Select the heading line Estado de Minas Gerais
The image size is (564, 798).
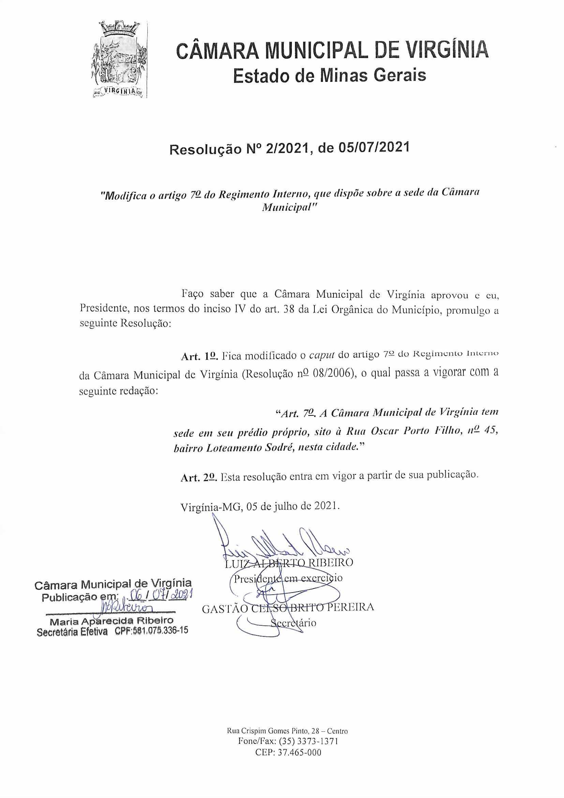coord(329,75)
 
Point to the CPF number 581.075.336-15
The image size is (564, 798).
coord(160,631)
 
